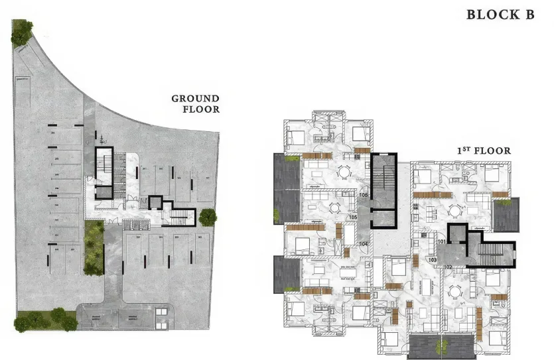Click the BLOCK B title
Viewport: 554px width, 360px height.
500,15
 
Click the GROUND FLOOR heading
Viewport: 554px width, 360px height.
195,103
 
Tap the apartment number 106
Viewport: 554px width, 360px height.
363,195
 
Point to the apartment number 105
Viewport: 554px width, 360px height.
352,217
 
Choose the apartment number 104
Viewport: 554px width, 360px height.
363,244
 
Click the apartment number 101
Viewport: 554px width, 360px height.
442,242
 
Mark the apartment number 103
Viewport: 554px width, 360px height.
433,260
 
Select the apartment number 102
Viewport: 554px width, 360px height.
447,267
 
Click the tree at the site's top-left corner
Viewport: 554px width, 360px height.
22,30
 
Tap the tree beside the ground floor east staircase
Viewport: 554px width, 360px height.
208,217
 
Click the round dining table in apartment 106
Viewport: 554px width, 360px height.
344,172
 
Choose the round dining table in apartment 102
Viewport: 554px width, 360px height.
454,291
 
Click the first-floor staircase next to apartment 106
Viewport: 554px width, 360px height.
383,182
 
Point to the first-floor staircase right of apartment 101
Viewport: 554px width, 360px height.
491,253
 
